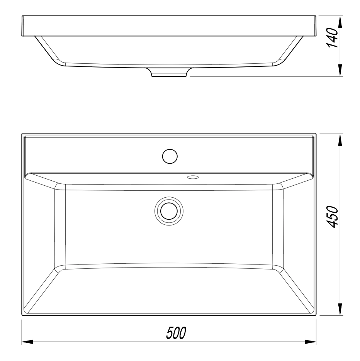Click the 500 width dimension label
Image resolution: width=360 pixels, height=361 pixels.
coord(176,333)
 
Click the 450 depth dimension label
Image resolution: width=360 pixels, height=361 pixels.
coord(332,217)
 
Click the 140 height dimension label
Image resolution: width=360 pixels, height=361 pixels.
coord(332,37)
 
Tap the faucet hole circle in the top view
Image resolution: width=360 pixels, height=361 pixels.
coord(170,156)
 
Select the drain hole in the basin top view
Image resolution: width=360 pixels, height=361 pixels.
coord(169,211)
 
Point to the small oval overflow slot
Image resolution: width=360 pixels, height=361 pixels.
coord(193,177)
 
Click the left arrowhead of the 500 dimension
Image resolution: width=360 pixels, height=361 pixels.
coord(27,342)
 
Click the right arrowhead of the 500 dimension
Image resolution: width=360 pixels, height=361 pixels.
coord(311,342)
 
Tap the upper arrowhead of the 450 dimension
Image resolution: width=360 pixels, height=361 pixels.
coord(340,140)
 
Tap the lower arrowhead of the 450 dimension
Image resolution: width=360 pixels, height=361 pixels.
coord(340,309)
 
